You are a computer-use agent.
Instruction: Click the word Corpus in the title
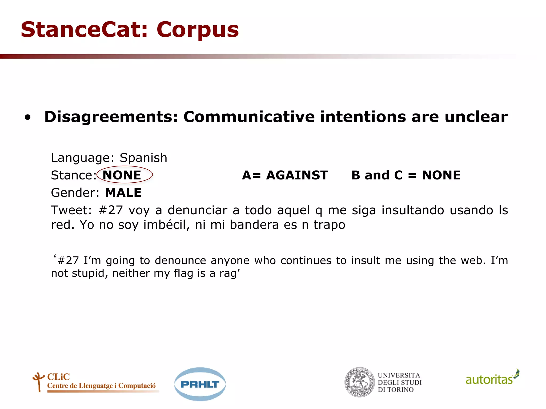(x=198, y=30)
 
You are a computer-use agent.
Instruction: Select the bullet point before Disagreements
(x=28, y=117)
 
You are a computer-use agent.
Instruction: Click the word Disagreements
(x=111, y=117)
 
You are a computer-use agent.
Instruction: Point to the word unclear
(x=476, y=117)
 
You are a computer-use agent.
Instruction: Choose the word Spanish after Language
(x=143, y=158)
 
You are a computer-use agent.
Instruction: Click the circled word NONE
(x=122, y=175)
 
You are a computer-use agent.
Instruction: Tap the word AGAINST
(x=297, y=175)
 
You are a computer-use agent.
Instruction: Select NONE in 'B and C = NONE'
(x=441, y=175)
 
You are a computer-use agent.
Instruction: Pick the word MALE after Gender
(x=123, y=193)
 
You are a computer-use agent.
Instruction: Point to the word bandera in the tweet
(x=254, y=225)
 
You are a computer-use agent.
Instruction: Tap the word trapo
(x=329, y=225)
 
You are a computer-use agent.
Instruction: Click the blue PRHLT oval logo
(x=200, y=384)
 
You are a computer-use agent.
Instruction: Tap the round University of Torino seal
(x=360, y=382)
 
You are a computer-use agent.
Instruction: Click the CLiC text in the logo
(x=58, y=377)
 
